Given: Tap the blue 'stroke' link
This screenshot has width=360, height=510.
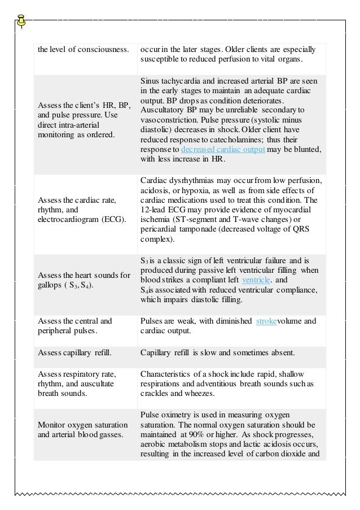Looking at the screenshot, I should click(265, 321).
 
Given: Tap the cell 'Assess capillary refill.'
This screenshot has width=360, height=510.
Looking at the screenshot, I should click(74, 353).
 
